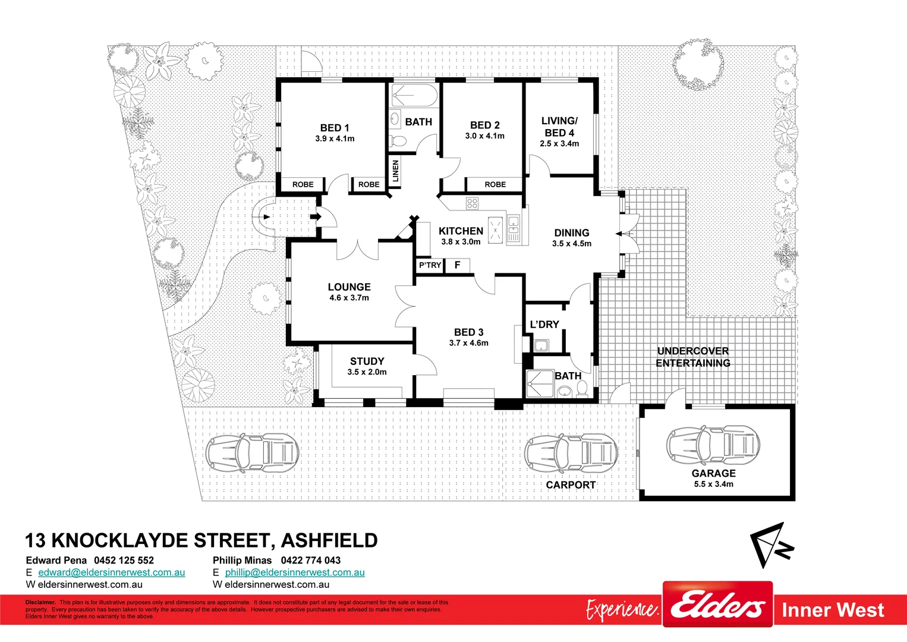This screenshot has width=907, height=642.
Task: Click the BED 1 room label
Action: [335, 128]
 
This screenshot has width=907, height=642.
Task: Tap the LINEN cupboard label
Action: [396, 172]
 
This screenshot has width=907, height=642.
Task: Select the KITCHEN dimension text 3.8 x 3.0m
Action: [461, 242]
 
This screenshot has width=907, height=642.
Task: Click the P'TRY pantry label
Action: [430, 265]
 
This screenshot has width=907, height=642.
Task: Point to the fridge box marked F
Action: [458, 265]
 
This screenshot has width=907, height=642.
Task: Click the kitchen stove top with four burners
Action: [472, 204]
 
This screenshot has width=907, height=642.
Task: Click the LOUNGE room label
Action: [349, 287]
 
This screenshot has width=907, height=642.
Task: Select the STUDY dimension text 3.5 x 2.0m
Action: [367, 372]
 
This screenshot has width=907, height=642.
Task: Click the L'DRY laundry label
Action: [544, 325]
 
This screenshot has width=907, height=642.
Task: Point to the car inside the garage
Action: [713, 445]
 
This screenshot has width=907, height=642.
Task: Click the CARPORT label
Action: [571, 485]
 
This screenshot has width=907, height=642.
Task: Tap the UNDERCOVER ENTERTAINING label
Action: [693, 357]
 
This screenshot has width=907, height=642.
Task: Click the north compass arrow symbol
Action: [771, 544]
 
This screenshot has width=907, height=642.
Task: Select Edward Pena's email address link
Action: [112, 572]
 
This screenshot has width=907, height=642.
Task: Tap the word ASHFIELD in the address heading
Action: [329, 540]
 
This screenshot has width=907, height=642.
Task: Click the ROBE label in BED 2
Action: [495, 184]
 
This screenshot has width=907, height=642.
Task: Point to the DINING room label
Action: [572, 233]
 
